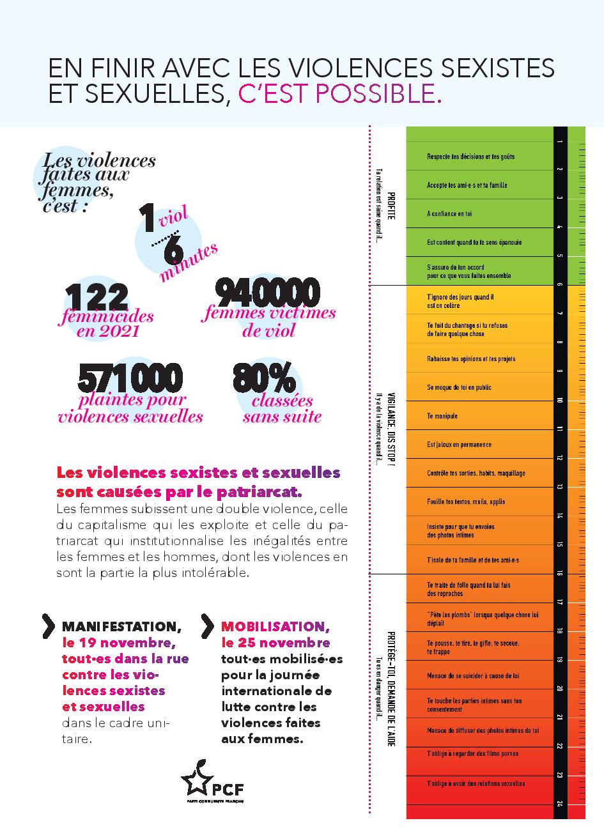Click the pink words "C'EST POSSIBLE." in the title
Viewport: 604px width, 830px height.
point(339,94)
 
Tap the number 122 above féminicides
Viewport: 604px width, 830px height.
point(97,297)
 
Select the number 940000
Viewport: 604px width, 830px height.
point(267,293)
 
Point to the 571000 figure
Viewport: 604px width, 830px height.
point(130,378)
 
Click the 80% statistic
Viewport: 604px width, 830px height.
point(264,378)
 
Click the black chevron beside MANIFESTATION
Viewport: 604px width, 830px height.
point(48,626)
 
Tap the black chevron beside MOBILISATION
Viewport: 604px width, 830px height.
point(207,626)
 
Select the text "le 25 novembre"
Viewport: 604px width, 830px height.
point(275,642)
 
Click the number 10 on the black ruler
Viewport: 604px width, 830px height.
point(560,401)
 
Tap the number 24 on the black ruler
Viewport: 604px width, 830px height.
point(560,804)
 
